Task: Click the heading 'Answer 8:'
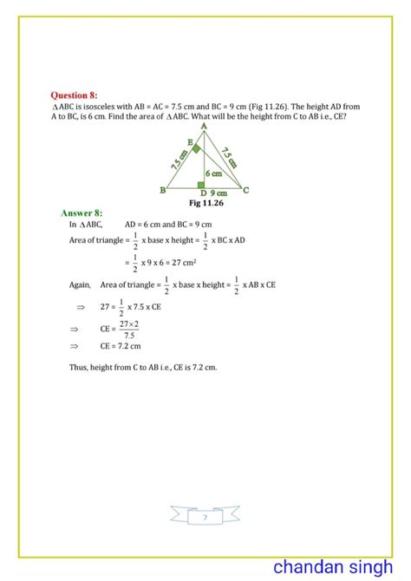[82, 212]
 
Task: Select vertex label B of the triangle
[163, 190]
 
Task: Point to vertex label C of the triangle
[246, 189]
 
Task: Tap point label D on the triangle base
[202, 193]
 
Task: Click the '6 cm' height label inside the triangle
[213, 173]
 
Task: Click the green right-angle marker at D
[200, 184]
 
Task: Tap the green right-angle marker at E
[197, 150]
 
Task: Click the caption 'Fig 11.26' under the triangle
[205, 203]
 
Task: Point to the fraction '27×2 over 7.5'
[129, 329]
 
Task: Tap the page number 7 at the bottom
[205, 518]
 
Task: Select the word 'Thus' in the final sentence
[77, 367]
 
